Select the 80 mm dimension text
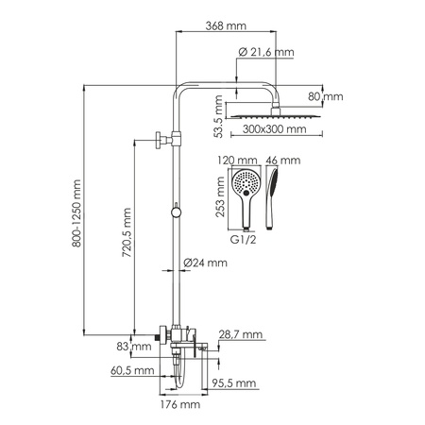330,95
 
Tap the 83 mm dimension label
140,348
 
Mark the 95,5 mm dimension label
234,382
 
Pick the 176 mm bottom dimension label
180,404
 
